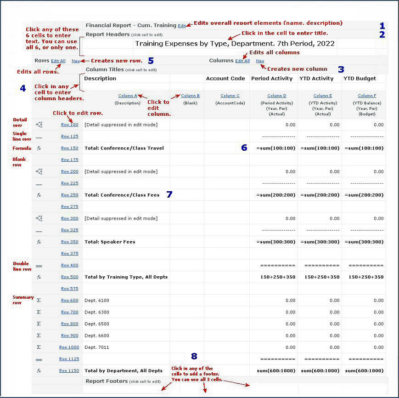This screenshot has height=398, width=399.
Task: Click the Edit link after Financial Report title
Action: point(182,26)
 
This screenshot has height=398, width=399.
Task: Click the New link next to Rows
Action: point(76,61)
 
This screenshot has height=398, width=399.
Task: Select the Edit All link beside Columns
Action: point(242,61)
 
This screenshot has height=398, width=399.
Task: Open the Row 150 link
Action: point(70,148)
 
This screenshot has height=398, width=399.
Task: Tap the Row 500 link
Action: point(70,277)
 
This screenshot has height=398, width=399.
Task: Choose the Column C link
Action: point(228,96)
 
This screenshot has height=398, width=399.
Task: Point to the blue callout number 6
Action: point(244,148)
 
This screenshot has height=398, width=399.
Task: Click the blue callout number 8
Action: point(194,356)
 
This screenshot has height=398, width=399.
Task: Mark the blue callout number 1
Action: point(382,26)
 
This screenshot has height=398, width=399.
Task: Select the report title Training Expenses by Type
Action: point(235,44)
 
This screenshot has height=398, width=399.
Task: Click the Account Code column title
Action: point(225,79)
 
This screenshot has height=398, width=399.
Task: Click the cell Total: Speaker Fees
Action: point(110,242)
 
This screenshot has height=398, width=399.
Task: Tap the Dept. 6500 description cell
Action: point(98,324)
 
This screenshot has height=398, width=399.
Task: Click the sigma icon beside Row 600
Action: point(39,301)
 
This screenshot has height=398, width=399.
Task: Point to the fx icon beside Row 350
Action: point(39,242)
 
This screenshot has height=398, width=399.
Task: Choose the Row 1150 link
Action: point(69,371)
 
